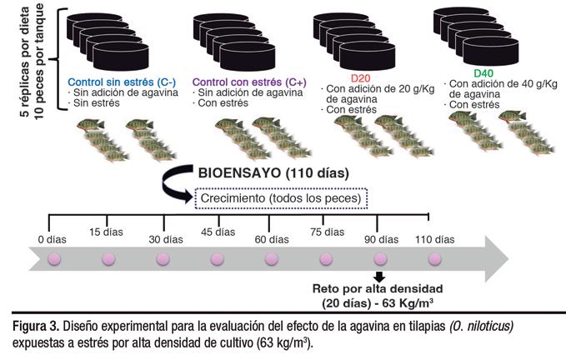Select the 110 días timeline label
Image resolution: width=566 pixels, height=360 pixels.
(434, 239)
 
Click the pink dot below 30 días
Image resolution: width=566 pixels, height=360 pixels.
(163, 259)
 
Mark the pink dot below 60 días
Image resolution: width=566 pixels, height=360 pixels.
(272, 259)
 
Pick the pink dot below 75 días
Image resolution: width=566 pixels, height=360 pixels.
(326, 259)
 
